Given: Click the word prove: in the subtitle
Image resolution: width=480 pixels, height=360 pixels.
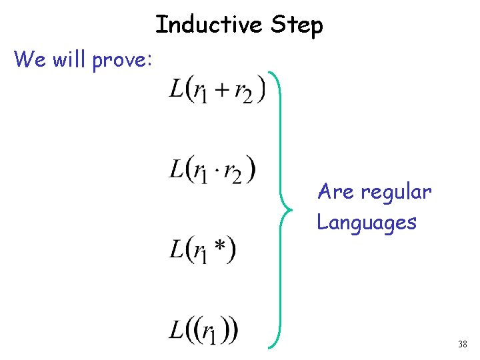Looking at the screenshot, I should tap(123, 61).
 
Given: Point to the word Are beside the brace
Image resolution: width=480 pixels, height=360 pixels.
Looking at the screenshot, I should tap(336, 192).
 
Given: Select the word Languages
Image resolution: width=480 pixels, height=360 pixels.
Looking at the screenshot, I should tap(367, 222).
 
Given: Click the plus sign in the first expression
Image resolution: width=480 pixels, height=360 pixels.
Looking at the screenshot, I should tap(219, 90).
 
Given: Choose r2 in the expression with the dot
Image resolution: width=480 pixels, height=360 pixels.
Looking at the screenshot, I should tap(233, 173).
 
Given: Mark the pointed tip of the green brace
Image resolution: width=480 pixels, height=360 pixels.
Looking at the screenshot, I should tap(283, 208).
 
